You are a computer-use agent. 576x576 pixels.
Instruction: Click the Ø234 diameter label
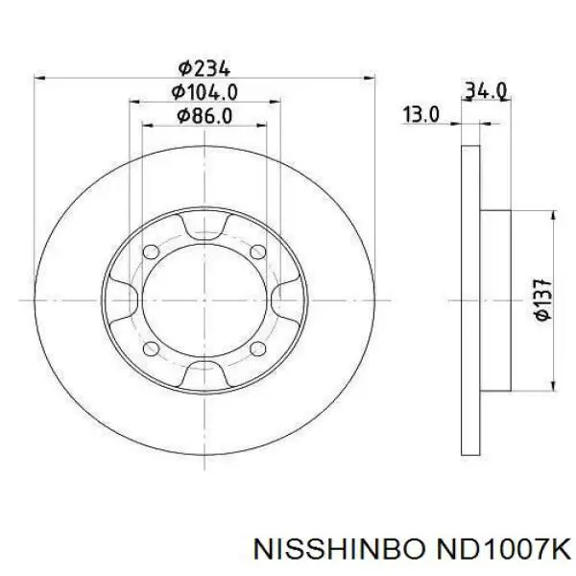[204, 68]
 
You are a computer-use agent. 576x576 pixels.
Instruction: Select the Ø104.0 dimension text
[204, 92]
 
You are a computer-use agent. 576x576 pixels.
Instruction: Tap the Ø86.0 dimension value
[204, 116]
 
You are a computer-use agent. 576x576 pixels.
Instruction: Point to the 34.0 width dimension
[486, 91]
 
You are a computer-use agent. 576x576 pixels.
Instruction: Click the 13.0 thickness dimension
[421, 114]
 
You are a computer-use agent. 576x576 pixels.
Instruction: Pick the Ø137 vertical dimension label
[543, 300]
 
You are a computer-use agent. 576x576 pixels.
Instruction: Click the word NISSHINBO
[338, 549]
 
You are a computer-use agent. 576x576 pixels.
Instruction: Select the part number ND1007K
[502, 549]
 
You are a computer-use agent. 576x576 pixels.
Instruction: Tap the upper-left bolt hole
[151, 252]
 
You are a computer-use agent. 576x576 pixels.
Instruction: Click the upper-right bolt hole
[258, 252]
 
